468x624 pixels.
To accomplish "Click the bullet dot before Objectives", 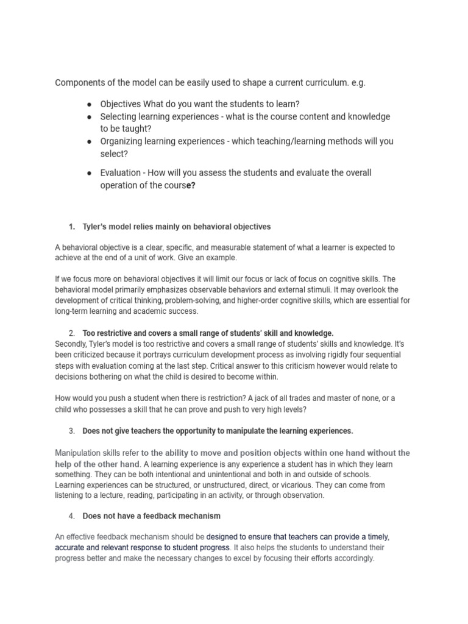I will click(x=89, y=104).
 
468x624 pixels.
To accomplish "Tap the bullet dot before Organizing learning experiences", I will click(x=89, y=141).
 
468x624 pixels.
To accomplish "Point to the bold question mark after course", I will click(x=193, y=186).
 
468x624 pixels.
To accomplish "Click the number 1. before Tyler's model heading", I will click(x=72, y=227).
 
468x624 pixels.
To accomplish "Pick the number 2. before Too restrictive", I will click(x=72, y=333).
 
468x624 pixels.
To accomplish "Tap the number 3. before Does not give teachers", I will click(x=72, y=431).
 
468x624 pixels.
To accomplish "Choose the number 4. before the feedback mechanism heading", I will click(x=72, y=516).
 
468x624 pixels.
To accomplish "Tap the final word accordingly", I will click(x=349, y=558).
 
